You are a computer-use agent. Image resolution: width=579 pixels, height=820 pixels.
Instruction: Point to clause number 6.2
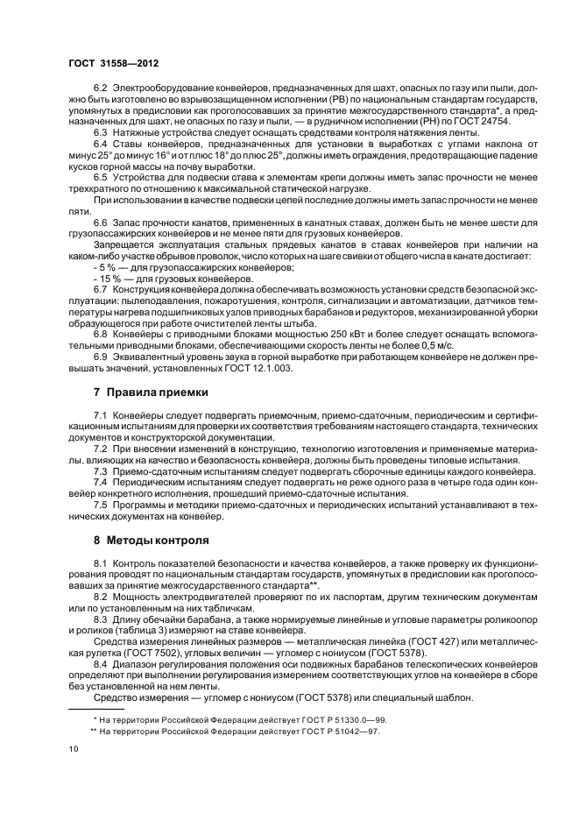(101, 88)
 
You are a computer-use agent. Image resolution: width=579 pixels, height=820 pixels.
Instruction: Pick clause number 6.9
(101, 357)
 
